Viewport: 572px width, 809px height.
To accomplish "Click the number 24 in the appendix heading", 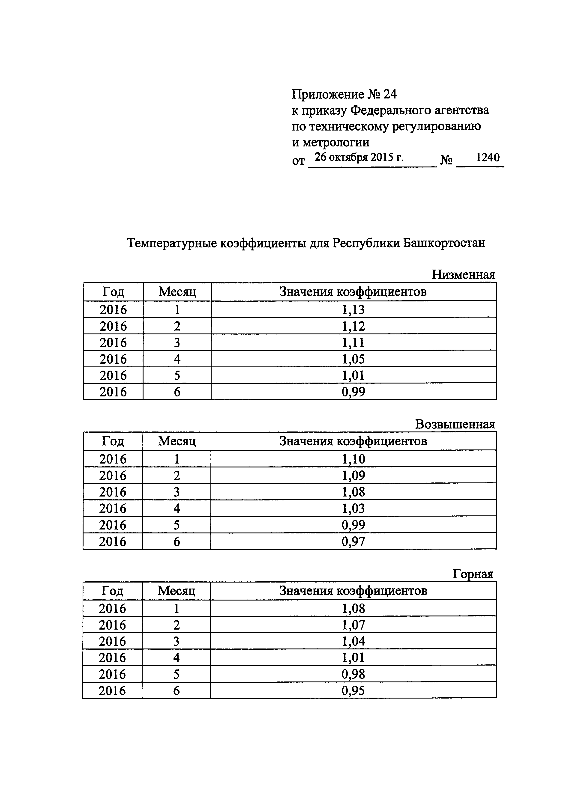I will click(390, 94).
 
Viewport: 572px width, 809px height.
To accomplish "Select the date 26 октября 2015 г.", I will click(359, 157).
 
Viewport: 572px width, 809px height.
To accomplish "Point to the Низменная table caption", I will click(463, 274).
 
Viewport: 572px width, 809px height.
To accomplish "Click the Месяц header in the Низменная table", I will click(177, 292).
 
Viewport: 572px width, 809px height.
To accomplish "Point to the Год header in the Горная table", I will click(112, 591).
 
